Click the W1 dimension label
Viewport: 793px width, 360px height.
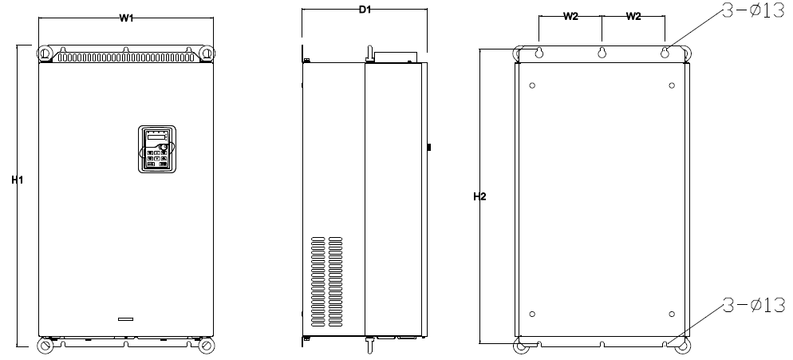126,18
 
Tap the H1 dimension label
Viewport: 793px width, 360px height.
18,180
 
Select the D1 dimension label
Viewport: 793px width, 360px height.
365,10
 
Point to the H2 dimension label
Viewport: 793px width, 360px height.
479,196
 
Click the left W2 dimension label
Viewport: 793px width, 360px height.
571,16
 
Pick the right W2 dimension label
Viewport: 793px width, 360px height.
633,16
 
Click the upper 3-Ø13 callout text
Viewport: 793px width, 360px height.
753,11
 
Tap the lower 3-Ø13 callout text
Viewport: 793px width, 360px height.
754,305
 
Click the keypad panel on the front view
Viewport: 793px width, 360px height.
157,149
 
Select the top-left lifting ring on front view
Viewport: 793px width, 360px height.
45,53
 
